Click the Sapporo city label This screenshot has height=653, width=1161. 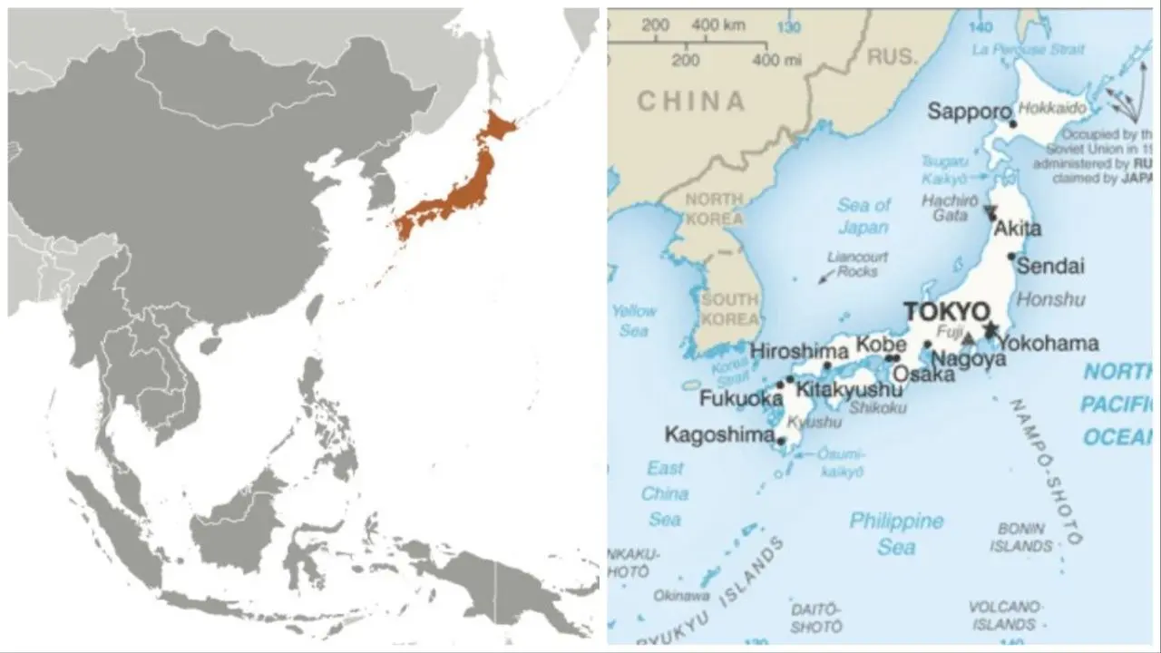[x=968, y=112]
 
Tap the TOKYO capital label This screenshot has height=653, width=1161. [x=947, y=312]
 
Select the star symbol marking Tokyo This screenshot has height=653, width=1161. [x=990, y=328]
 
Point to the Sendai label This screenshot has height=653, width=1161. [x=1050, y=267]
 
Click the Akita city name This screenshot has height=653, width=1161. [x=1018, y=229]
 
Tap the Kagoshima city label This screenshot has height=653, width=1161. [x=719, y=434]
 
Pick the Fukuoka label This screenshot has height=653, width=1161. [x=740, y=398]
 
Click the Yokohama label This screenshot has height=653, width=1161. [x=1048, y=344]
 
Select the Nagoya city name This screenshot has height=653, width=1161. [x=968, y=359]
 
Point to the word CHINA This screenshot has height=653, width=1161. [x=690, y=101]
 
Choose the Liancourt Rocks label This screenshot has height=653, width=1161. [x=858, y=264]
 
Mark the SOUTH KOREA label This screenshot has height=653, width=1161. [x=729, y=308]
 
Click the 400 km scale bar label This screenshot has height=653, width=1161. [x=717, y=25]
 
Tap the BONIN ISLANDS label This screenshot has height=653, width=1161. [x=1021, y=537]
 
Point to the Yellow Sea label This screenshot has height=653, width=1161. [x=633, y=321]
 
